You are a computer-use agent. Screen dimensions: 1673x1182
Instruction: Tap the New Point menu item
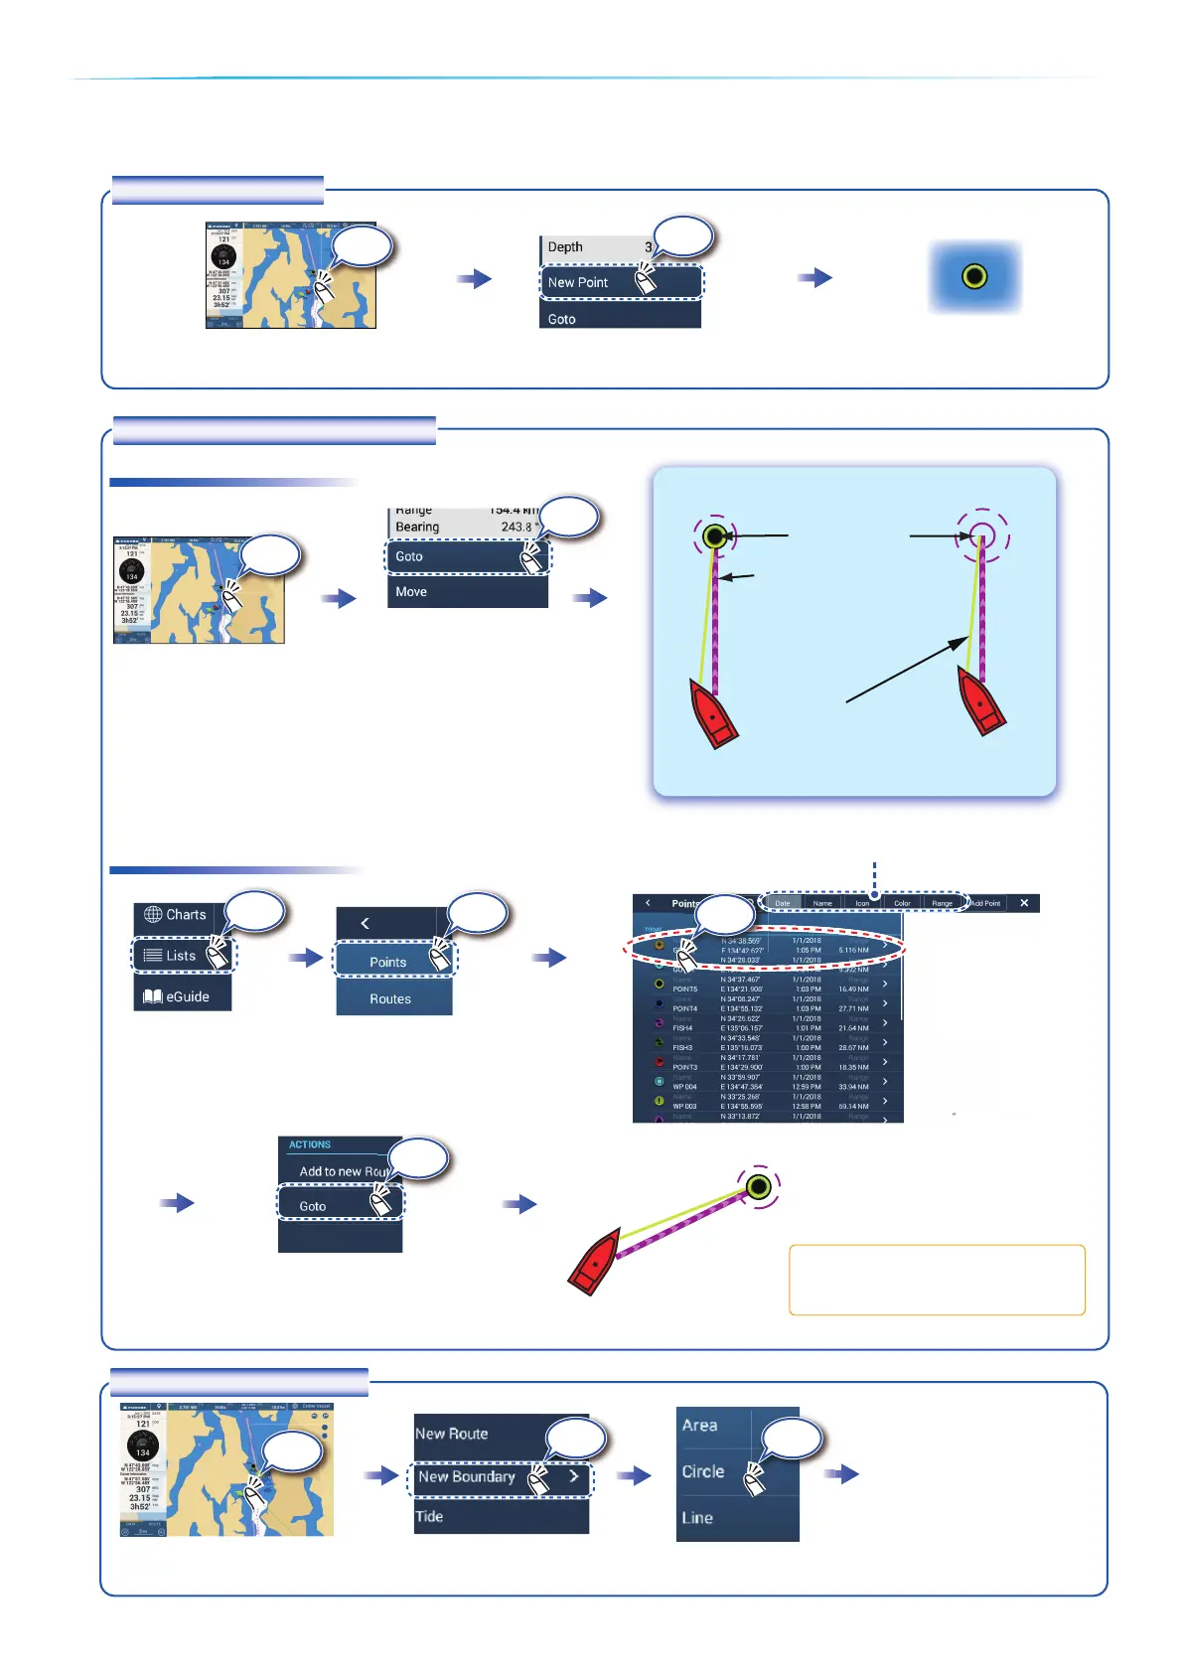[x=578, y=282]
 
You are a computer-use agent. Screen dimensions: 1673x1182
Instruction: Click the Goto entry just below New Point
[x=562, y=319]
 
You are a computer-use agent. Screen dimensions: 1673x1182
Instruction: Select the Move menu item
[x=411, y=591]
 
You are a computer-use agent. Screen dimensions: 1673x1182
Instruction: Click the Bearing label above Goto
[x=417, y=527]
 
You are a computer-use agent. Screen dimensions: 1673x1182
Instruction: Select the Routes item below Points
[x=390, y=998]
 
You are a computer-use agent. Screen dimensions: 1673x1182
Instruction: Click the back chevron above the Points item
[x=365, y=923]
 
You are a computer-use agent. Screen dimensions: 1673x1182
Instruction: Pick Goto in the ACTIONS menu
[x=313, y=1206]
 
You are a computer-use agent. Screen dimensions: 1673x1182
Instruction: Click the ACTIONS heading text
[x=310, y=1144]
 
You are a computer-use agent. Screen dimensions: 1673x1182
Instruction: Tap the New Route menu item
[x=452, y=1434]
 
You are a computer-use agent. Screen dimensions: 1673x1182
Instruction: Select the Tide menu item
[x=429, y=1516]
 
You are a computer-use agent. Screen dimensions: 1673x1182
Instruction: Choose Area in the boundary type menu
[x=700, y=1425]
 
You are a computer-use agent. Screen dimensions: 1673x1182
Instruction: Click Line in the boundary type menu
[x=697, y=1518]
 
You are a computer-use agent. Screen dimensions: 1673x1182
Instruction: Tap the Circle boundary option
[x=703, y=1471]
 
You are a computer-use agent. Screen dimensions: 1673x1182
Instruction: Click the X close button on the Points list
[x=1024, y=903]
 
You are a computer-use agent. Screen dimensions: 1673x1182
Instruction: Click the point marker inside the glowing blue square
[x=974, y=276]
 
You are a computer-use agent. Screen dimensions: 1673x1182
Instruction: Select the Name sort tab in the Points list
[x=822, y=903]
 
